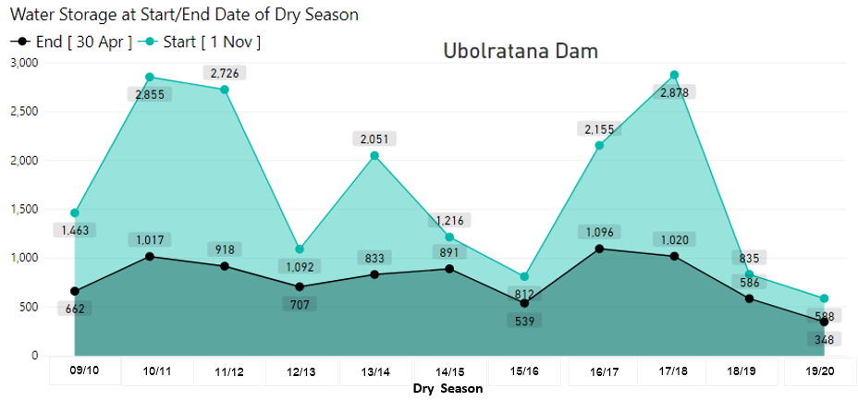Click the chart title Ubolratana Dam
click(521, 51)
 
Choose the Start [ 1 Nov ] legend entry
click(202, 42)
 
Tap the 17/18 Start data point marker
click(674, 75)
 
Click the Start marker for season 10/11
click(150, 78)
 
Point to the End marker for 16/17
click(601, 249)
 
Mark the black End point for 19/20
click(824, 322)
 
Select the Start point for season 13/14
click(374, 155)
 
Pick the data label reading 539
click(522, 321)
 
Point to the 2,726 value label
click(226, 73)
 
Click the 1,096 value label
click(602, 232)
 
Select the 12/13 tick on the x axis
click(301, 372)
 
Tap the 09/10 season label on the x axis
click(84, 372)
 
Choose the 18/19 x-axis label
click(742, 372)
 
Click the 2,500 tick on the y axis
click(21, 112)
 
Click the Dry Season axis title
click(447, 389)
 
